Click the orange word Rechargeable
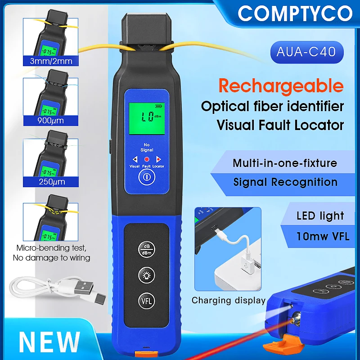(281, 85)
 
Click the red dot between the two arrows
(146, 159)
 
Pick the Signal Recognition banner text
(285, 182)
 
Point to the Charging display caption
(229, 300)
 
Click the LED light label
(320, 216)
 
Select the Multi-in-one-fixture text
(285, 163)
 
